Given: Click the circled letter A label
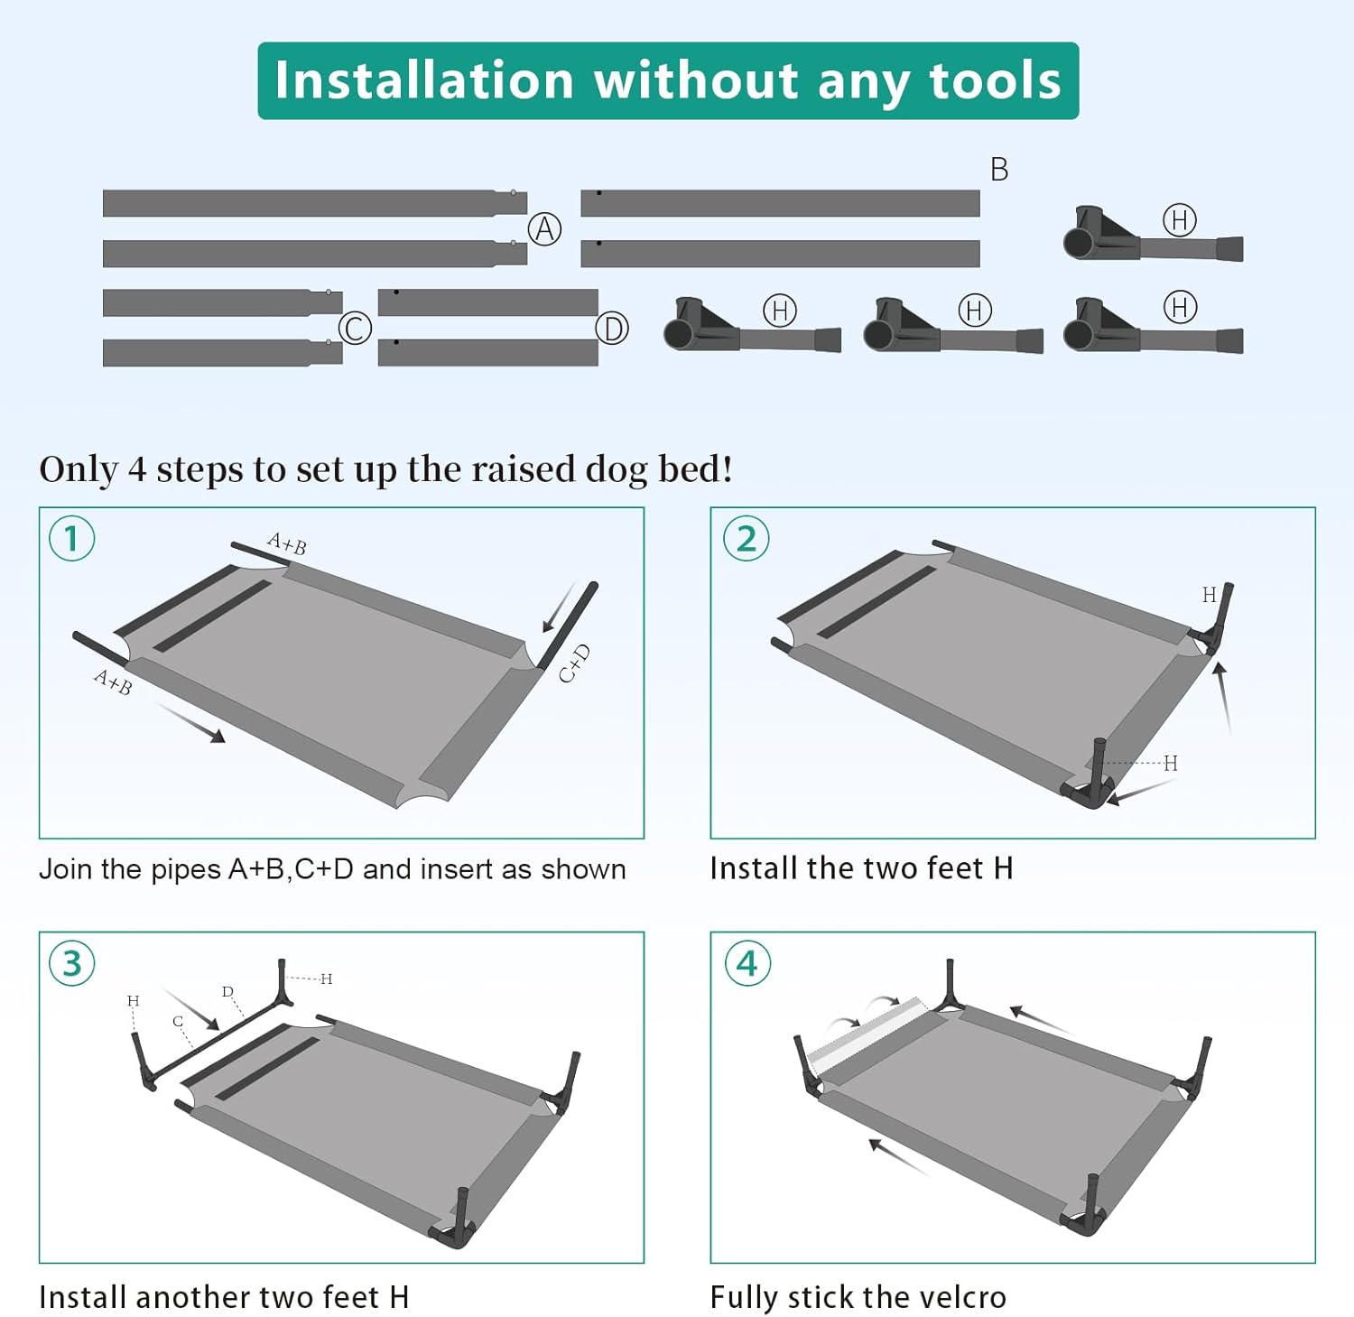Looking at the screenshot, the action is (x=544, y=229).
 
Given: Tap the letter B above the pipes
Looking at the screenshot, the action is (x=998, y=170).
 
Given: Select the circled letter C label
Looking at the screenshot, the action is (x=355, y=328).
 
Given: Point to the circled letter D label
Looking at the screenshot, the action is (x=612, y=329).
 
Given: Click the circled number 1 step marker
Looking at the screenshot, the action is (x=71, y=539).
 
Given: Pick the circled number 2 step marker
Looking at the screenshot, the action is (x=746, y=539).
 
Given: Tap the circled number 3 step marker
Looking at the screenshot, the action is (x=72, y=964).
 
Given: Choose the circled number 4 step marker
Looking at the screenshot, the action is (x=747, y=964).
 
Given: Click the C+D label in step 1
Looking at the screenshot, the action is (x=574, y=663).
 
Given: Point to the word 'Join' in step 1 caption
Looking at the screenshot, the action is (x=67, y=869).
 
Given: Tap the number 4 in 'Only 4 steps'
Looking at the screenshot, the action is (x=136, y=469).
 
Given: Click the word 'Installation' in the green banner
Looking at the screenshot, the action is (x=424, y=80).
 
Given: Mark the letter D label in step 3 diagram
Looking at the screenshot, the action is (x=227, y=992).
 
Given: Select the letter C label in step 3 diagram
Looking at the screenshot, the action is (x=178, y=1022).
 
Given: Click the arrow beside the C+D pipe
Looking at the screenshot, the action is (x=559, y=607).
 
